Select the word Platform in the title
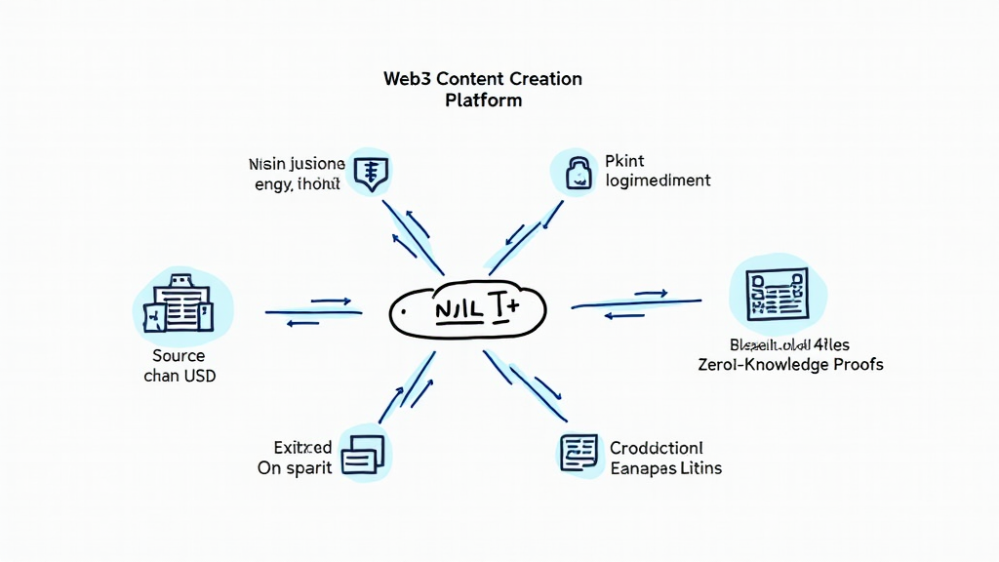(483, 100)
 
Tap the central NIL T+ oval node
(468, 309)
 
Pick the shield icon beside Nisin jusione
(371, 171)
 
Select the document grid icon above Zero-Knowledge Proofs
(776, 294)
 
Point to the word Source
(179, 356)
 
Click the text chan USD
(180, 376)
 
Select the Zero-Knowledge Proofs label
(791, 365)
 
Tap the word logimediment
(658, 181)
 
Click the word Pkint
(624, 160)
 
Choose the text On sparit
(295, 467)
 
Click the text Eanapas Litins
(665, 468)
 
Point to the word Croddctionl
(655, 448)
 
